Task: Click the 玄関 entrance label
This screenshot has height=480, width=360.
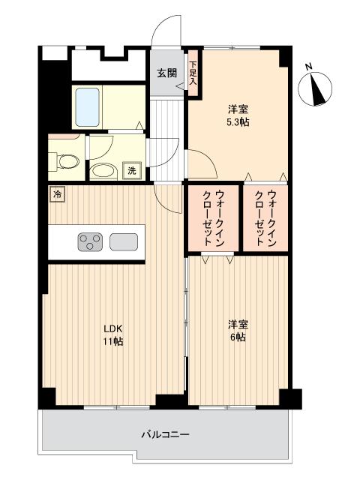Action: pos(166,73)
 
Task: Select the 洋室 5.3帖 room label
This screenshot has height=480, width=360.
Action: pos(238,115)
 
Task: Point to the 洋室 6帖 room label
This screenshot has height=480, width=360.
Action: pos(238,330)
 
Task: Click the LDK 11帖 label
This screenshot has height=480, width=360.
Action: pos(113,334)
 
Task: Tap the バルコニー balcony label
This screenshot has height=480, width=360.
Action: pos(164,433)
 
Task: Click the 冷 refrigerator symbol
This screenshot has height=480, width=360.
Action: pos(58,194)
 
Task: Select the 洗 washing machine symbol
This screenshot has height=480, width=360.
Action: pos(132,170)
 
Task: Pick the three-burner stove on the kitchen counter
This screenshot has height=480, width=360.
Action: pos(90,242)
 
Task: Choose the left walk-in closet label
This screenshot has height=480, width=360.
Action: pos(212,217)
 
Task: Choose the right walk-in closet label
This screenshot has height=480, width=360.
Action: pos(264,217)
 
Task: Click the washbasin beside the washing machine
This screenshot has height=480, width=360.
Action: pos(103,171)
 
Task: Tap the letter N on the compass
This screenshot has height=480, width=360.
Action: pos(309,67)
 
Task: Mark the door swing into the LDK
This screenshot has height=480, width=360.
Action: pos(166,196)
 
